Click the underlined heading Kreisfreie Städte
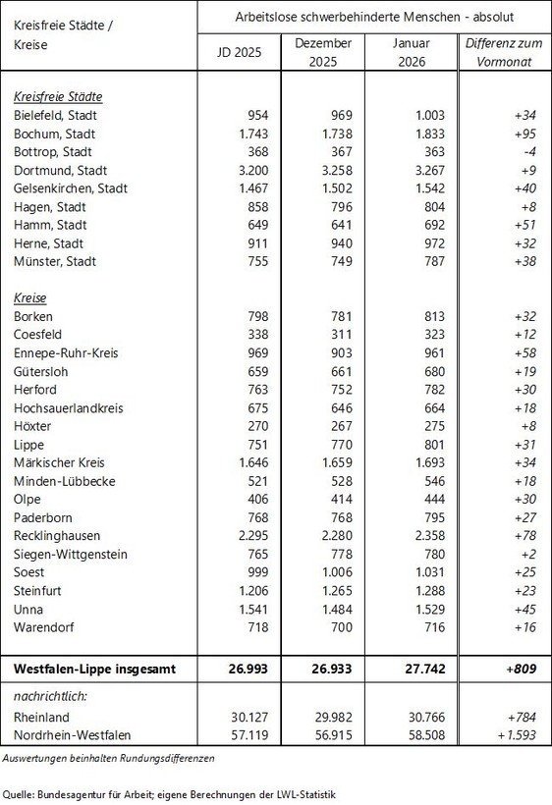(59, 97)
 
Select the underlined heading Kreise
(31, 297)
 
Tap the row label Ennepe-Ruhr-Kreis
(66, 352)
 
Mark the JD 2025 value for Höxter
(248, 426)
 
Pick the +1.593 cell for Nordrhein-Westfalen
(502, 733)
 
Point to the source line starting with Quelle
(169, 793)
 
